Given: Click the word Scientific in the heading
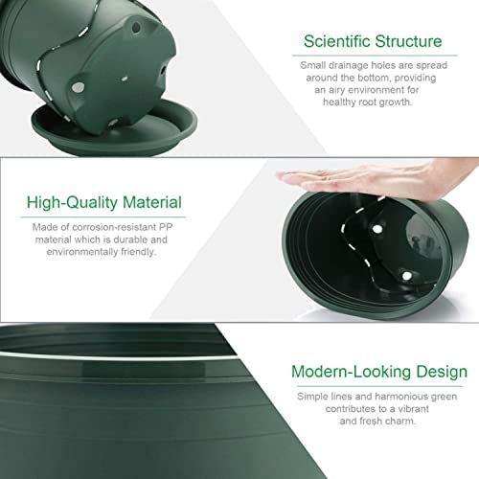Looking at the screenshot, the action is (x=337, y=41).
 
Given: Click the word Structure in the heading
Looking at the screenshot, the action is (x=409, y=41).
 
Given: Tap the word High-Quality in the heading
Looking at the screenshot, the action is (x=73, y=203).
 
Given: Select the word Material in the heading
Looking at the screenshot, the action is (x=152, y=202).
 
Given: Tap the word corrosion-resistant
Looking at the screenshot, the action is (x=114, y=227).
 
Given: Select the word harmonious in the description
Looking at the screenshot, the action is (x=401, y=397).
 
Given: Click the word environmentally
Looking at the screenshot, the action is (x=82, y=252).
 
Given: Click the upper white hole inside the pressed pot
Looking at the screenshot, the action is (x=377, y=229).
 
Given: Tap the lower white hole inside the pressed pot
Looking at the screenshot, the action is (x=406, y=276).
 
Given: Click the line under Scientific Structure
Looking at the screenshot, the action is (x=375, y=56).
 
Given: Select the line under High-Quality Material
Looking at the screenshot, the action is (x=103, y=217).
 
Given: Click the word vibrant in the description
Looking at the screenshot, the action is (x=413, y=409).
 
